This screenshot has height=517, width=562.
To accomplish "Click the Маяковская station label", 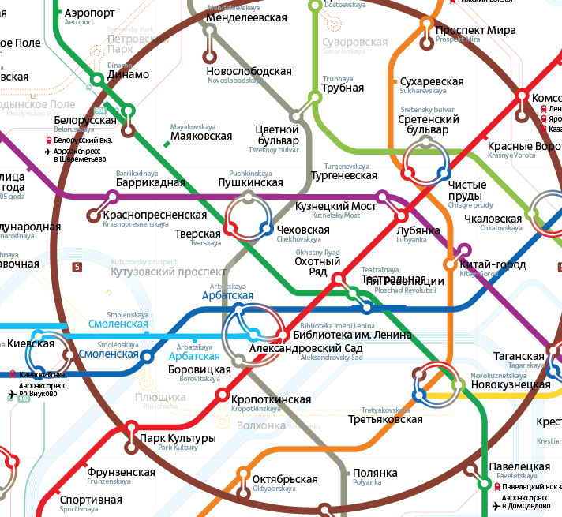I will [202, 136].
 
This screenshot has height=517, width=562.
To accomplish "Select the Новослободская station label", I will [249, 72].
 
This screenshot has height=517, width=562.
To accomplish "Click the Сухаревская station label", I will [432, 81].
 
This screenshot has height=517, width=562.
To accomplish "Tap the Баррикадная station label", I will [150, 183].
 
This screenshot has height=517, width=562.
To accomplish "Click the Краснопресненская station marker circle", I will [95, 215].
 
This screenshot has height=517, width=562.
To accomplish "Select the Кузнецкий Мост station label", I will [335, 206].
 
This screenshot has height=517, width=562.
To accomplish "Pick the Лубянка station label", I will [418, 230].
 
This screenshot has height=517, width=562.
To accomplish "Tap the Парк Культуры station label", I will [177, 438].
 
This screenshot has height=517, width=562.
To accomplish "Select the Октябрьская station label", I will [285, 479].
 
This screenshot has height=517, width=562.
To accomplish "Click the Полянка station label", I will [375, 474].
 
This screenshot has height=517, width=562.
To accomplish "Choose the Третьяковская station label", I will [386, 419].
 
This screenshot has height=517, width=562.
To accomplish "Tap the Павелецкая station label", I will [519, 467].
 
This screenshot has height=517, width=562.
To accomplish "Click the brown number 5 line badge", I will [77, 267].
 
